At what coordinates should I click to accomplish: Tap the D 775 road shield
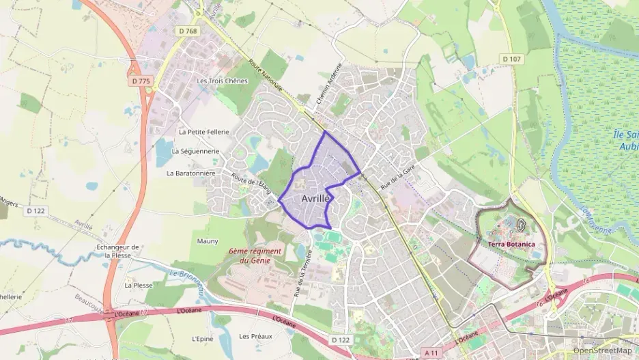tap(141, 81)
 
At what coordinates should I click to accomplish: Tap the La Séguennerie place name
tap(195, 151)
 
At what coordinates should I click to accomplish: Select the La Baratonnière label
tap(191, 174)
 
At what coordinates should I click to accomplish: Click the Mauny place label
tap(208, 241)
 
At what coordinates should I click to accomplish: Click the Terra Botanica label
tap(511, 244)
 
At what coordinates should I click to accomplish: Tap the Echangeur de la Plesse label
tap(117, 251)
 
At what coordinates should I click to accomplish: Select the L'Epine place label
tap(203, 337)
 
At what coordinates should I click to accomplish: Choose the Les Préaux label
tap(255, 336)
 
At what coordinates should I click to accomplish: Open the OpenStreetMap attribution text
tap(602, 350)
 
